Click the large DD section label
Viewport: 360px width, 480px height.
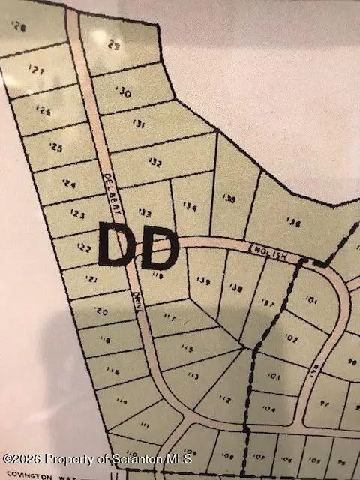click(x=138, y=245)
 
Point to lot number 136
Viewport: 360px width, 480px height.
click(x=293, y=223)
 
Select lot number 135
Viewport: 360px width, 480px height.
click(x=229, y=199)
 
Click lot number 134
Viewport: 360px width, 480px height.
click(x=190, y=207)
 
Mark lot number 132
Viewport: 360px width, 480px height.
click(x=155, y=162)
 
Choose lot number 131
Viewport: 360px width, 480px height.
click(x=138, y=124)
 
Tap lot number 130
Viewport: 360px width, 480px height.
click(x=124, y=93)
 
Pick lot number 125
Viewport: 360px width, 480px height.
click(x=55, y=148)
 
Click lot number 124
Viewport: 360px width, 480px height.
click(x=70, y=183)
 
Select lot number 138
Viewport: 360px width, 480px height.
click(x=235, y=287)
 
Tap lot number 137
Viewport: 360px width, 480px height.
click(x=267, y=302)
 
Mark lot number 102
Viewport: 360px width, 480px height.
click(x=292, y=338)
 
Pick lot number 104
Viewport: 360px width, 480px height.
click(x=269, y=409)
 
